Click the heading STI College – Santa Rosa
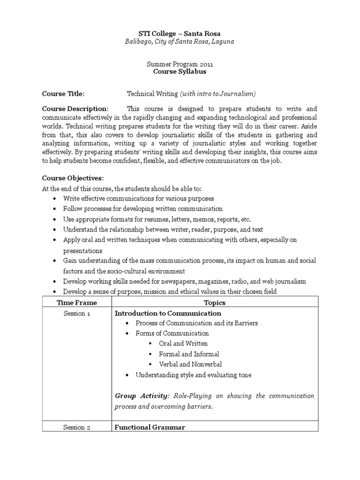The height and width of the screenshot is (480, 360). point(180,33)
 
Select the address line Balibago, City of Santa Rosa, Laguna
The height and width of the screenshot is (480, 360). point(180,42)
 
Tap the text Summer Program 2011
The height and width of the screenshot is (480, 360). point(180,64)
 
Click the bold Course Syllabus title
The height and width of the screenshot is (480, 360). point(180,72)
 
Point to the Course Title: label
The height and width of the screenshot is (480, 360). point(63,93)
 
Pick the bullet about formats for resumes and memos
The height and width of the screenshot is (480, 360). point(157,219)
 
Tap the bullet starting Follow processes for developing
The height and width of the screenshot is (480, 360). point(143,209)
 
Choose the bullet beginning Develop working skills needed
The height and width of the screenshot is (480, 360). point(185,281)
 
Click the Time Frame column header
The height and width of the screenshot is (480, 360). point(77,303)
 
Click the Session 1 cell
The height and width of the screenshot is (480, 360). point(77,313)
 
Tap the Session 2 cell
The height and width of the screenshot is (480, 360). point(77,427)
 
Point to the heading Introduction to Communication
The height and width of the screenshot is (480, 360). point(168,313)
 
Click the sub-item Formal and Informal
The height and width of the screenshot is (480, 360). point(189,354)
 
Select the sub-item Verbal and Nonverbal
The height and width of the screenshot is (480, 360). point(190,364)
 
